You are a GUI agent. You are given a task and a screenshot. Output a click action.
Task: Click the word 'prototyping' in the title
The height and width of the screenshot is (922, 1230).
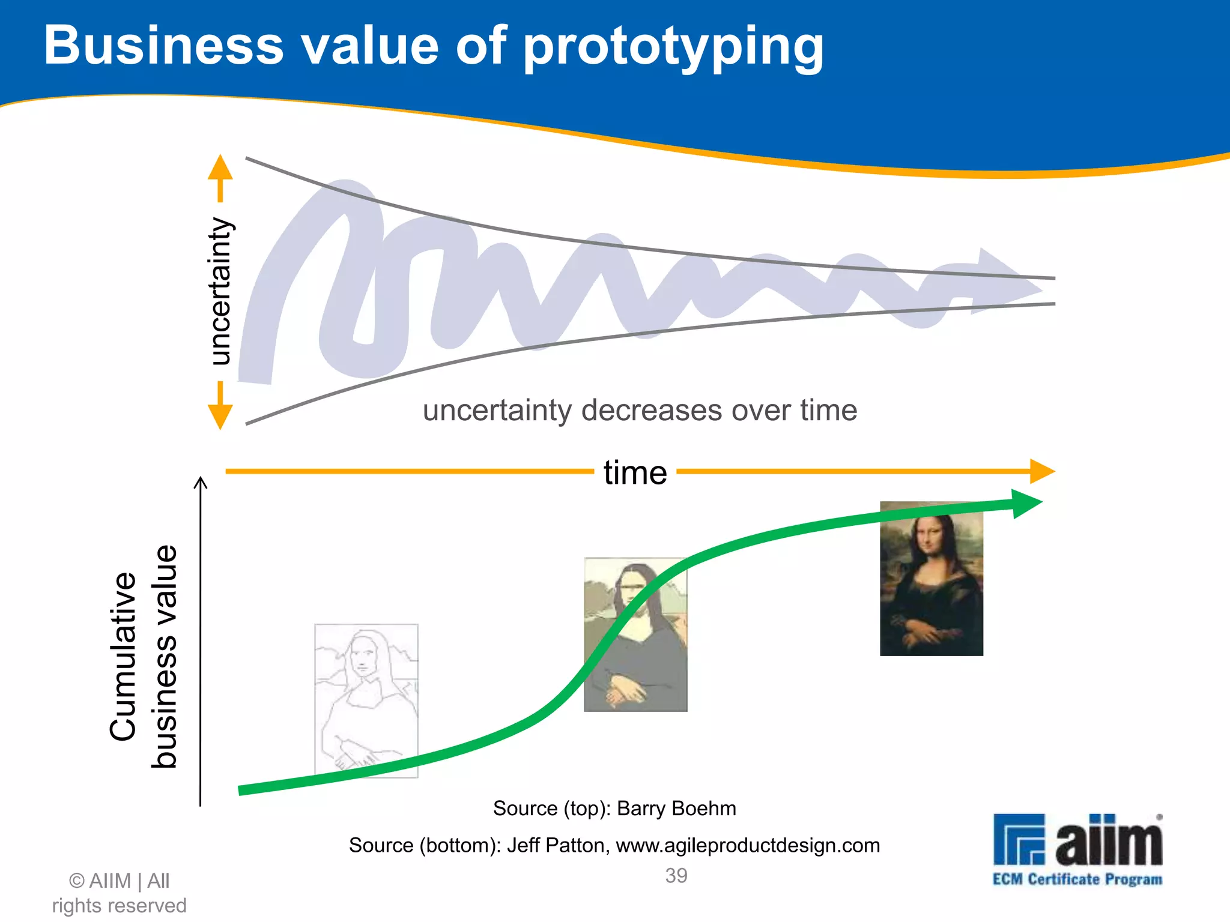click(674, 48)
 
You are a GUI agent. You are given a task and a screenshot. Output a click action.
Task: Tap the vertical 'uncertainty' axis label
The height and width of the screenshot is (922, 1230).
click(220, 291)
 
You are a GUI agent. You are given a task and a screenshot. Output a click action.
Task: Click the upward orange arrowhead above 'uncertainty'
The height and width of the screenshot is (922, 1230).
click(220, 167)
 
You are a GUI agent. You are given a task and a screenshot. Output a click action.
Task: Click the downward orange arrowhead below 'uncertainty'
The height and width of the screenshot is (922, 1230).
click(220, 415)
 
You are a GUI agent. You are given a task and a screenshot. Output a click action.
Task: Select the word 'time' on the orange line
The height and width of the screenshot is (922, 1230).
click(635, 473)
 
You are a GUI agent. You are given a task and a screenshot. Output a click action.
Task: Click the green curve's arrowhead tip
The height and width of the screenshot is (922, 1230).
click(1028, 504)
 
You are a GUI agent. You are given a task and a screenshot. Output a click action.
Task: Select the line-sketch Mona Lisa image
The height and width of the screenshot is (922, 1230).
click(366, 701)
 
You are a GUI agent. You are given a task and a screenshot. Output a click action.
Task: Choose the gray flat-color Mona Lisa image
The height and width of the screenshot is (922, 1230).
click(635, 634)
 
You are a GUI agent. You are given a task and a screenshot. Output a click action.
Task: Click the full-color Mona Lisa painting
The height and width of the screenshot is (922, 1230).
click(931, 579)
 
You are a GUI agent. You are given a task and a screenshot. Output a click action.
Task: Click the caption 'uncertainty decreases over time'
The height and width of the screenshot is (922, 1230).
click(640, 411)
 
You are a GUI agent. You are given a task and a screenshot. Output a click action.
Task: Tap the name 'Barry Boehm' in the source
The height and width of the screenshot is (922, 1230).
click(676, 809)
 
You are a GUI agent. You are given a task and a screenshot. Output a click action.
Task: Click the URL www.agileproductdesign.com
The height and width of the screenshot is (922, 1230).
click(747, 845)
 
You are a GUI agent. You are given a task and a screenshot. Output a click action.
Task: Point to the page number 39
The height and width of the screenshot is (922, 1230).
click(676, 876)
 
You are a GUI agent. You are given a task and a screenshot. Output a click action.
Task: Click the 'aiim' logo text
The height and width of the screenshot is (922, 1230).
click(1108, 840)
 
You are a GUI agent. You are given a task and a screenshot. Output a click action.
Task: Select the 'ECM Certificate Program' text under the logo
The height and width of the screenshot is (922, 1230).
click(1077, 879)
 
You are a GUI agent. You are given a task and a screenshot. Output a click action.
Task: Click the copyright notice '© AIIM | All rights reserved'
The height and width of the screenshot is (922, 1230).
click(119, 893)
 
